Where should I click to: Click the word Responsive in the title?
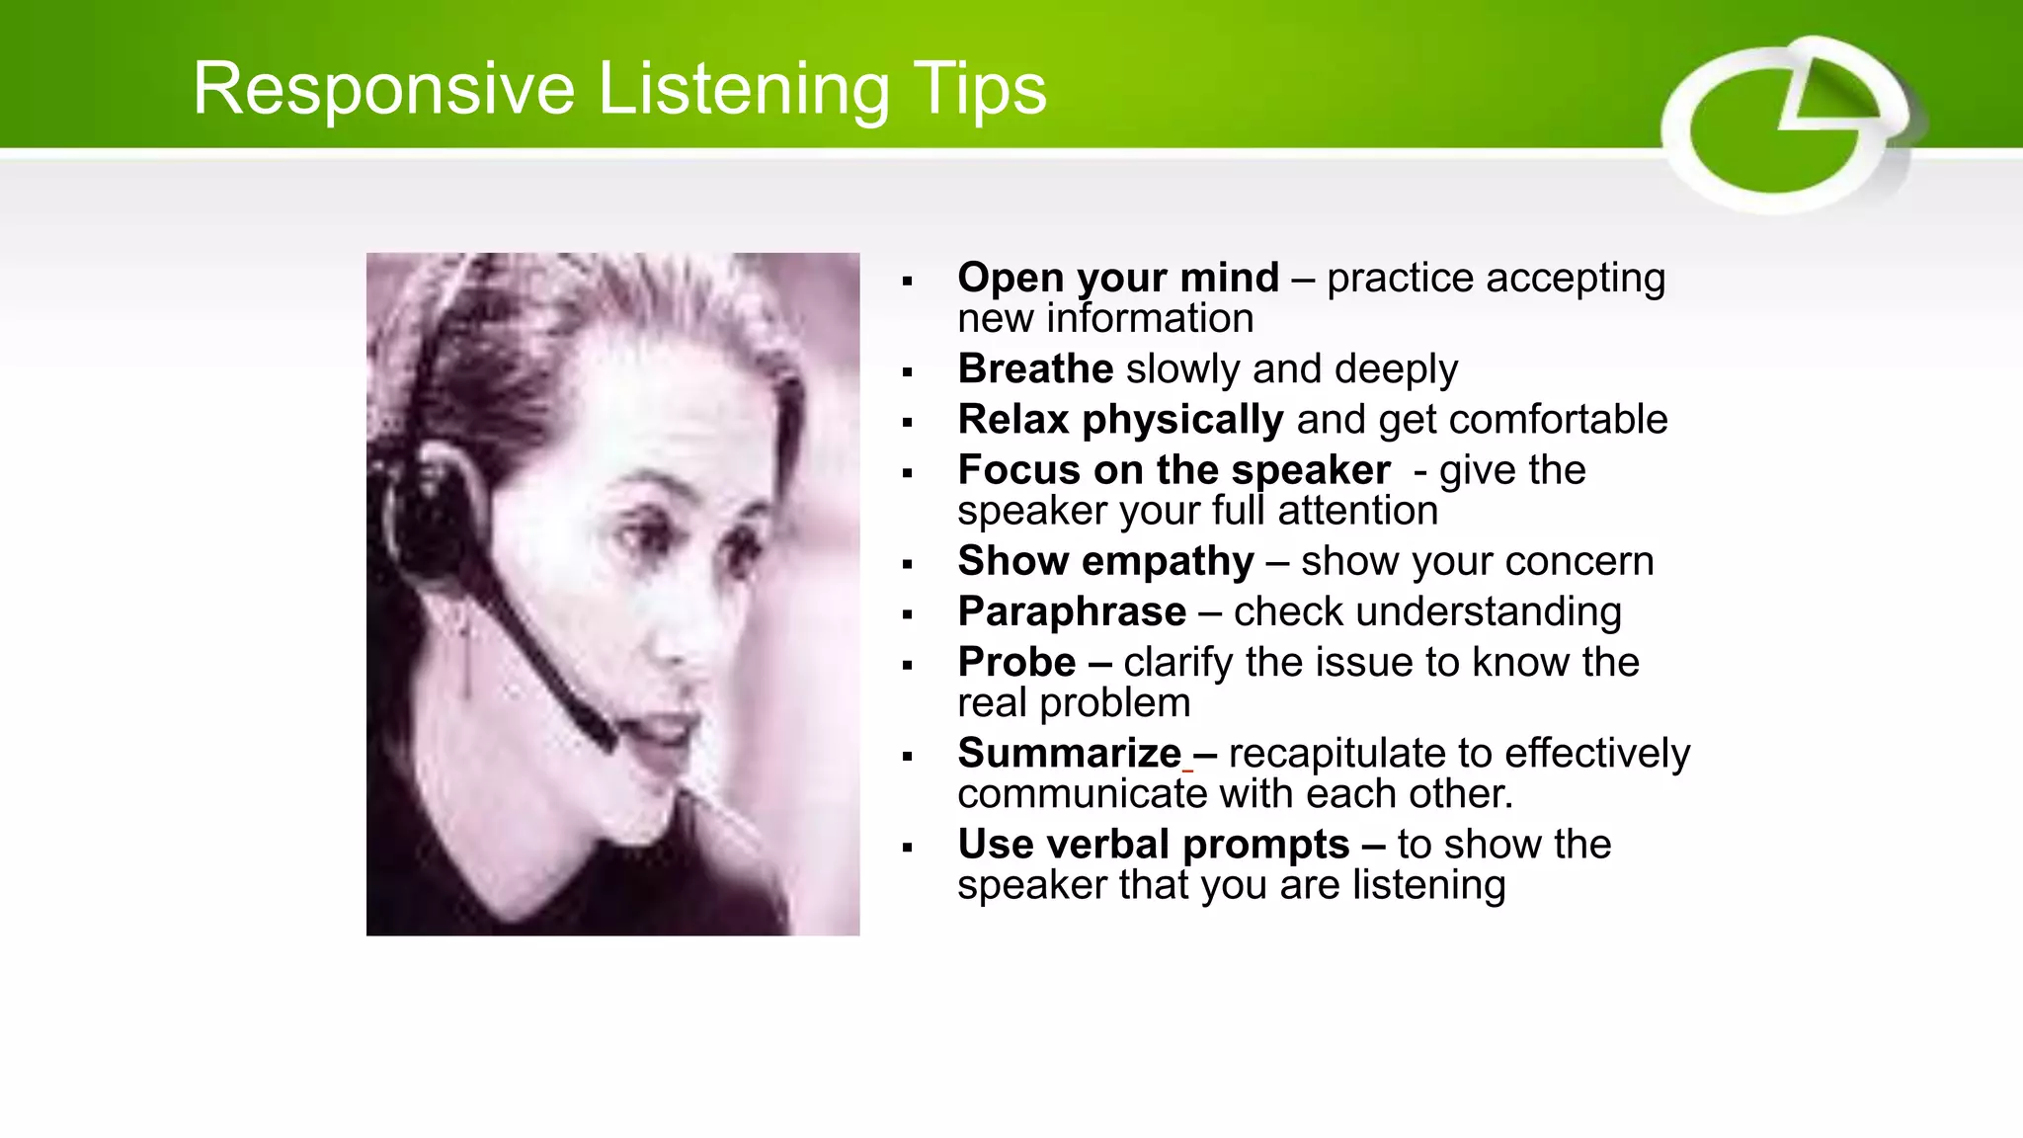383,89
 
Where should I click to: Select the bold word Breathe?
1035,368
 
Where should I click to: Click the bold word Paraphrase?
1072,611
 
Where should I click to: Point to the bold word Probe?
1016,662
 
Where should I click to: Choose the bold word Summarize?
1069,753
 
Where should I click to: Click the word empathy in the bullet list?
1168,561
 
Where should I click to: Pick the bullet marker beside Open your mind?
907,282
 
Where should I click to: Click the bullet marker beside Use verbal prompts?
907,848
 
